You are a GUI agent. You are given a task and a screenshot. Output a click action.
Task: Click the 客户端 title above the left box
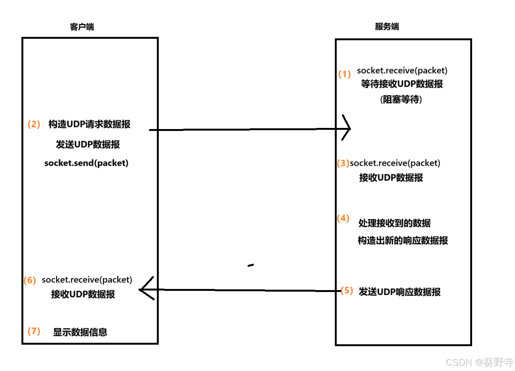tap(82, 27)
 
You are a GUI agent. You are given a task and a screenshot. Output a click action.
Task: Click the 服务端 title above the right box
tap(387, 26)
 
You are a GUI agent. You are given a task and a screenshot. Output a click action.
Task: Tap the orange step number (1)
tap(344, 74)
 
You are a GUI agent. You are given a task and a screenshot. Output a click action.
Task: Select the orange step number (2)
tap(33, 124)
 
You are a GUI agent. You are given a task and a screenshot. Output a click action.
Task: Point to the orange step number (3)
tap(343, 163)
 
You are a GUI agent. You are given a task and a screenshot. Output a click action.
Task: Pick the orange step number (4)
tap(343, 218)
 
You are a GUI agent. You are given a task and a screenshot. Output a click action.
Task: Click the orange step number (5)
tap(346, 290)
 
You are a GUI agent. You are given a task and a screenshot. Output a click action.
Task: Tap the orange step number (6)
tap(30, 280)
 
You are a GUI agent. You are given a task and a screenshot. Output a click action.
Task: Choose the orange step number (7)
tap(33, 331)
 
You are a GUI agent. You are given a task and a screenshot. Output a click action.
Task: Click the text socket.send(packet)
tap(86, 163)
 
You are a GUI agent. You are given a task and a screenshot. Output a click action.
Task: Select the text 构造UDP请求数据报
tap(89, 124)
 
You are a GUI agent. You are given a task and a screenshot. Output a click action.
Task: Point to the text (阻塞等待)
tap(401, 99)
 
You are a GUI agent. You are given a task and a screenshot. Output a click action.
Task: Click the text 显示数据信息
tap(80, 332)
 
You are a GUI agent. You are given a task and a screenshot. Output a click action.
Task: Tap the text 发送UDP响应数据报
tap(400, 292)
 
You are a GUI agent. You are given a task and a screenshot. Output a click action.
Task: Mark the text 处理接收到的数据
tap(394, 223)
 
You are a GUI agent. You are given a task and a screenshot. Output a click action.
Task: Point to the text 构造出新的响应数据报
tap(403, 240)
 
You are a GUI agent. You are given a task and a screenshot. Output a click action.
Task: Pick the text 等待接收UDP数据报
tap(402, 84)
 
